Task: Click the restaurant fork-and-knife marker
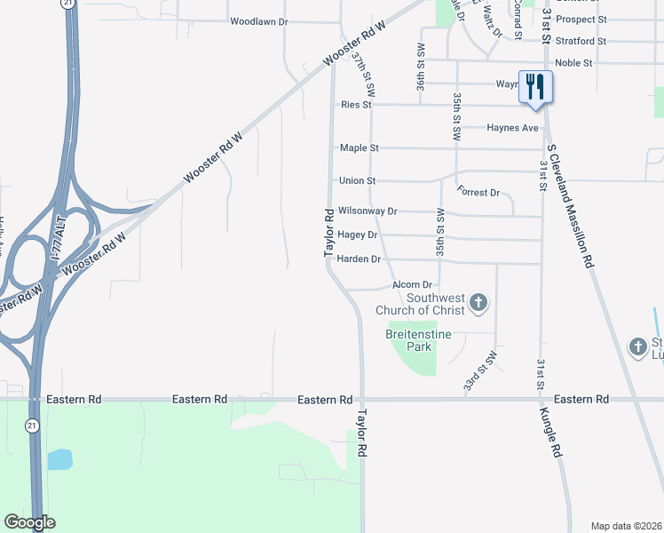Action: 534,87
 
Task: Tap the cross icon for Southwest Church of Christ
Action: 478,304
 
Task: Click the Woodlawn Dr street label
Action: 259,20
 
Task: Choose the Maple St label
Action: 359,147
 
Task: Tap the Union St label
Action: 357,180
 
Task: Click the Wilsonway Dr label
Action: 367,211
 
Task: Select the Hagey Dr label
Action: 358,235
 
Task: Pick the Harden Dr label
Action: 359,259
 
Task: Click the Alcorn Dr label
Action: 411,285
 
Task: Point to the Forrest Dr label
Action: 479,192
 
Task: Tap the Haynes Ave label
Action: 512,128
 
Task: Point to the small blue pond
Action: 59,459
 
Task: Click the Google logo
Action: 29,522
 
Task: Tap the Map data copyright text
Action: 626,526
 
